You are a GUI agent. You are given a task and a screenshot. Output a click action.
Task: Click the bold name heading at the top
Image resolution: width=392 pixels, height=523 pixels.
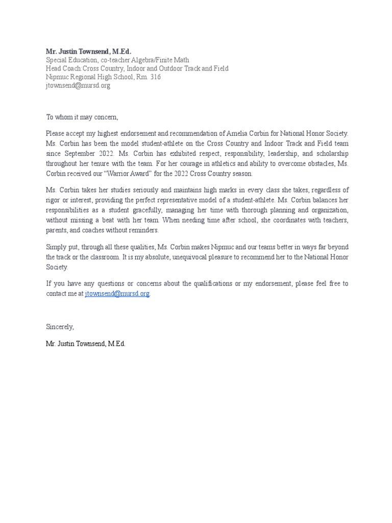pyautogui.click(x=88, y=52)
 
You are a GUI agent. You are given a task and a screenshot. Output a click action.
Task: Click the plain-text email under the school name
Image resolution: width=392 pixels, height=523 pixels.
pyautogui.click(x=78, y=85)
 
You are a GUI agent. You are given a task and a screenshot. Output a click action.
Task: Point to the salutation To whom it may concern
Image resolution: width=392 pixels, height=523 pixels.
pyautogui.click(x=82, y=117)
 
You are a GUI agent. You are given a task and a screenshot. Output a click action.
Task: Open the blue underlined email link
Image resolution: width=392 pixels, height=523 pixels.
pyautogui.click(x=117, y=294)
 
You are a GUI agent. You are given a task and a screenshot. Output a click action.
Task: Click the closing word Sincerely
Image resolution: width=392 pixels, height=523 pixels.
pyautogui.click(x=60, y=326)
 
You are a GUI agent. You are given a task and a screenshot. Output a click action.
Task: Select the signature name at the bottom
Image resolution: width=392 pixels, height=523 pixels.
pyautogui.click(x=86, y=344)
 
